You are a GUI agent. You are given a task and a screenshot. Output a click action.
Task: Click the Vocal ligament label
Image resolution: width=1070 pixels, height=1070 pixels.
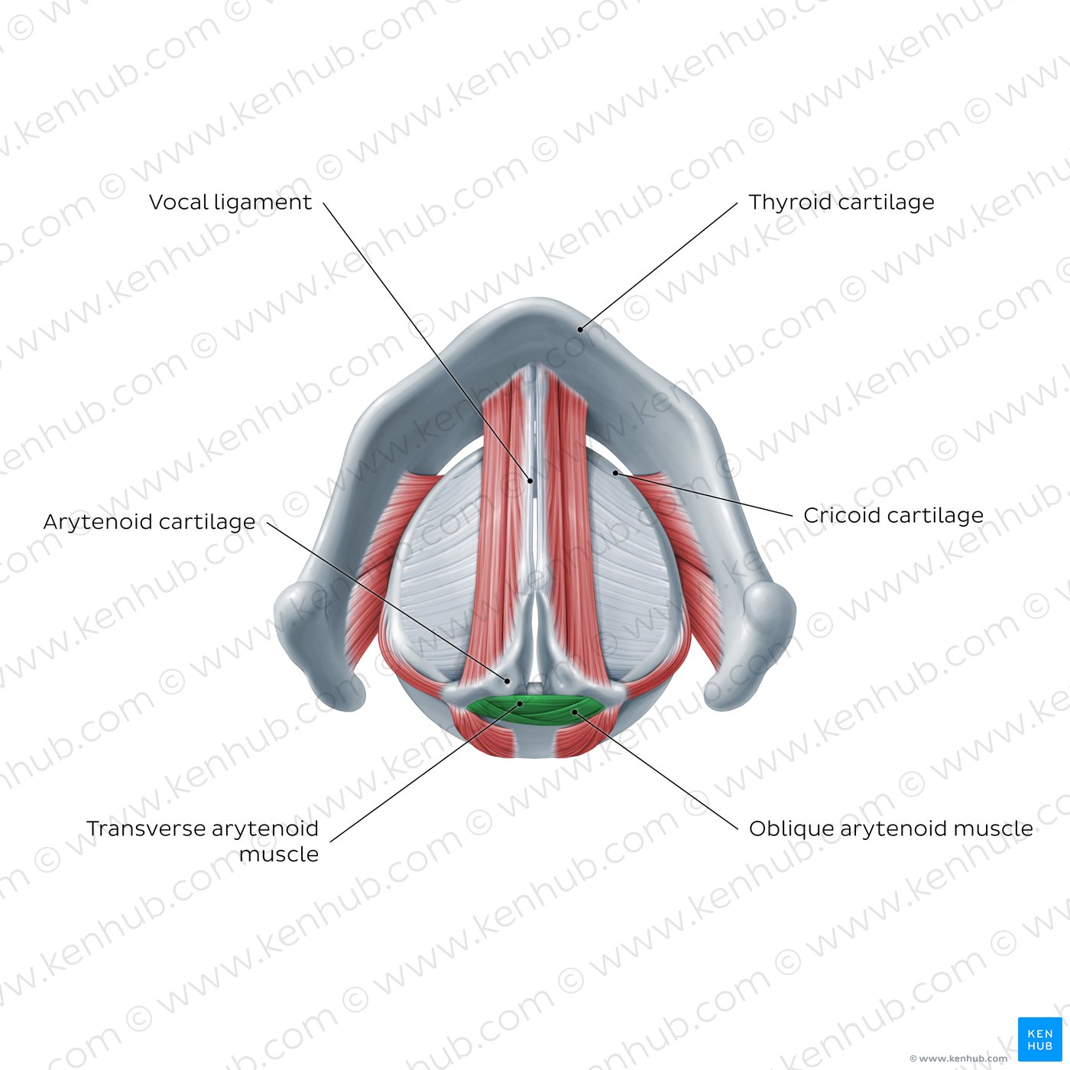coord(230,203)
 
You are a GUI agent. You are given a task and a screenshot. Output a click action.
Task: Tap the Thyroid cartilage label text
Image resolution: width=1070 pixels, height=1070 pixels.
coord(841,203)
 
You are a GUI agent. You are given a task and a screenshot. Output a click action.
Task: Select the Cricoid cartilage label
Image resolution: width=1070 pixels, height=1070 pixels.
coord(893,516)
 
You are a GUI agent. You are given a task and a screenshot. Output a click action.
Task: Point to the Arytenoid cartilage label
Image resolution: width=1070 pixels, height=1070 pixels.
coord(149,523)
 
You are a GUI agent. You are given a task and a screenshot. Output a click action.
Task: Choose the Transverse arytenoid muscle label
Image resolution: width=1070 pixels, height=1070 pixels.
coord(203,841)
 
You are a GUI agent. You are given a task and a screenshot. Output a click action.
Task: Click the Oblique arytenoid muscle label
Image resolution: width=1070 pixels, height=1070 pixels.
coord(890,829)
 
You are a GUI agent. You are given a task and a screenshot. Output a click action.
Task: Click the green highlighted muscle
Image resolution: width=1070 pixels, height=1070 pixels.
coord(536,710)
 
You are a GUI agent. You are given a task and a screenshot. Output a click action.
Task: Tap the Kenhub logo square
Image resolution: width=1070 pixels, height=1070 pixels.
coord(1040,1039)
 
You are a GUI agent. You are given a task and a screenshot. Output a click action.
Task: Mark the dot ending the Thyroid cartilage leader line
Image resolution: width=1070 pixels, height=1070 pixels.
coord(580,329)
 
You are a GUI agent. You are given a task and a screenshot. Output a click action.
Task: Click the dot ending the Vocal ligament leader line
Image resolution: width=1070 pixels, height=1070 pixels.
coord(530,481)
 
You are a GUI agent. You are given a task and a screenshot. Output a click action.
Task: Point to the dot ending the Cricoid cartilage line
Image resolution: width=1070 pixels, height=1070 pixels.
coord(615,473)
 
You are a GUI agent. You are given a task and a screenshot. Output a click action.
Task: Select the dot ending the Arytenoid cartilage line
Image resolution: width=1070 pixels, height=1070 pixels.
coord(507,681)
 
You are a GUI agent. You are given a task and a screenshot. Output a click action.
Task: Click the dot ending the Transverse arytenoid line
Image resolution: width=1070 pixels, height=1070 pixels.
coord(520,703)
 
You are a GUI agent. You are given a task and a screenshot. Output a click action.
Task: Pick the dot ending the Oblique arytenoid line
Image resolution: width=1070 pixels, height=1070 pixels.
coord(575,712)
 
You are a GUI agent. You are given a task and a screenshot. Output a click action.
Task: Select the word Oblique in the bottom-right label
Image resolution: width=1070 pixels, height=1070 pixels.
coord(791,829)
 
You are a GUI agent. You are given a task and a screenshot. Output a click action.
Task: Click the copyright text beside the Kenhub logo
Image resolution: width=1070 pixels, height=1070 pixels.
coord(958,1059)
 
